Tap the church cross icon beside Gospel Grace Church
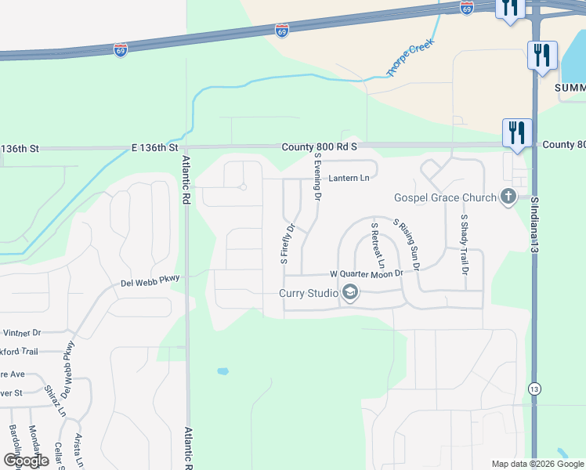(x=508, y=197)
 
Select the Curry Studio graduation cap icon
(x=349, y=294)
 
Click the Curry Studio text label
(x=308, y=294)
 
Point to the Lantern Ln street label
(x=348, y=179)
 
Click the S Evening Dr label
(x=318, y=177)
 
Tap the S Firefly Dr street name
(x=286, y=244)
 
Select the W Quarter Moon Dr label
(x=366, y=273)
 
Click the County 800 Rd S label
(x=321, y=146)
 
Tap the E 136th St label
(x=155, y=147)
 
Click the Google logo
(x=26, y=460)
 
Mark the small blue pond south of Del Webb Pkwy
(x=223, y=371)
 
